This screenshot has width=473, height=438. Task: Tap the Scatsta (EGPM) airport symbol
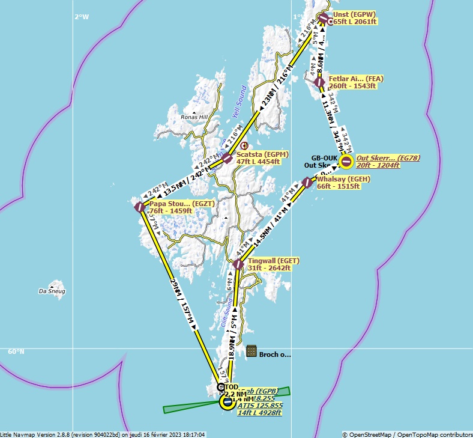227,158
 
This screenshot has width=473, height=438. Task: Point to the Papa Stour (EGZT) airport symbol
139,207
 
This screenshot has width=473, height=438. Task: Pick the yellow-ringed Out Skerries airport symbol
346,161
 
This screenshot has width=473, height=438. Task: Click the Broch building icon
252,351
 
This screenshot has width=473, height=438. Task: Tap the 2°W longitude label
82,17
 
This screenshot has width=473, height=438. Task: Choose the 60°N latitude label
16,351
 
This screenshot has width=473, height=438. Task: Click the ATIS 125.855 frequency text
260,406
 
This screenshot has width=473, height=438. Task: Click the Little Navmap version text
102,434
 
